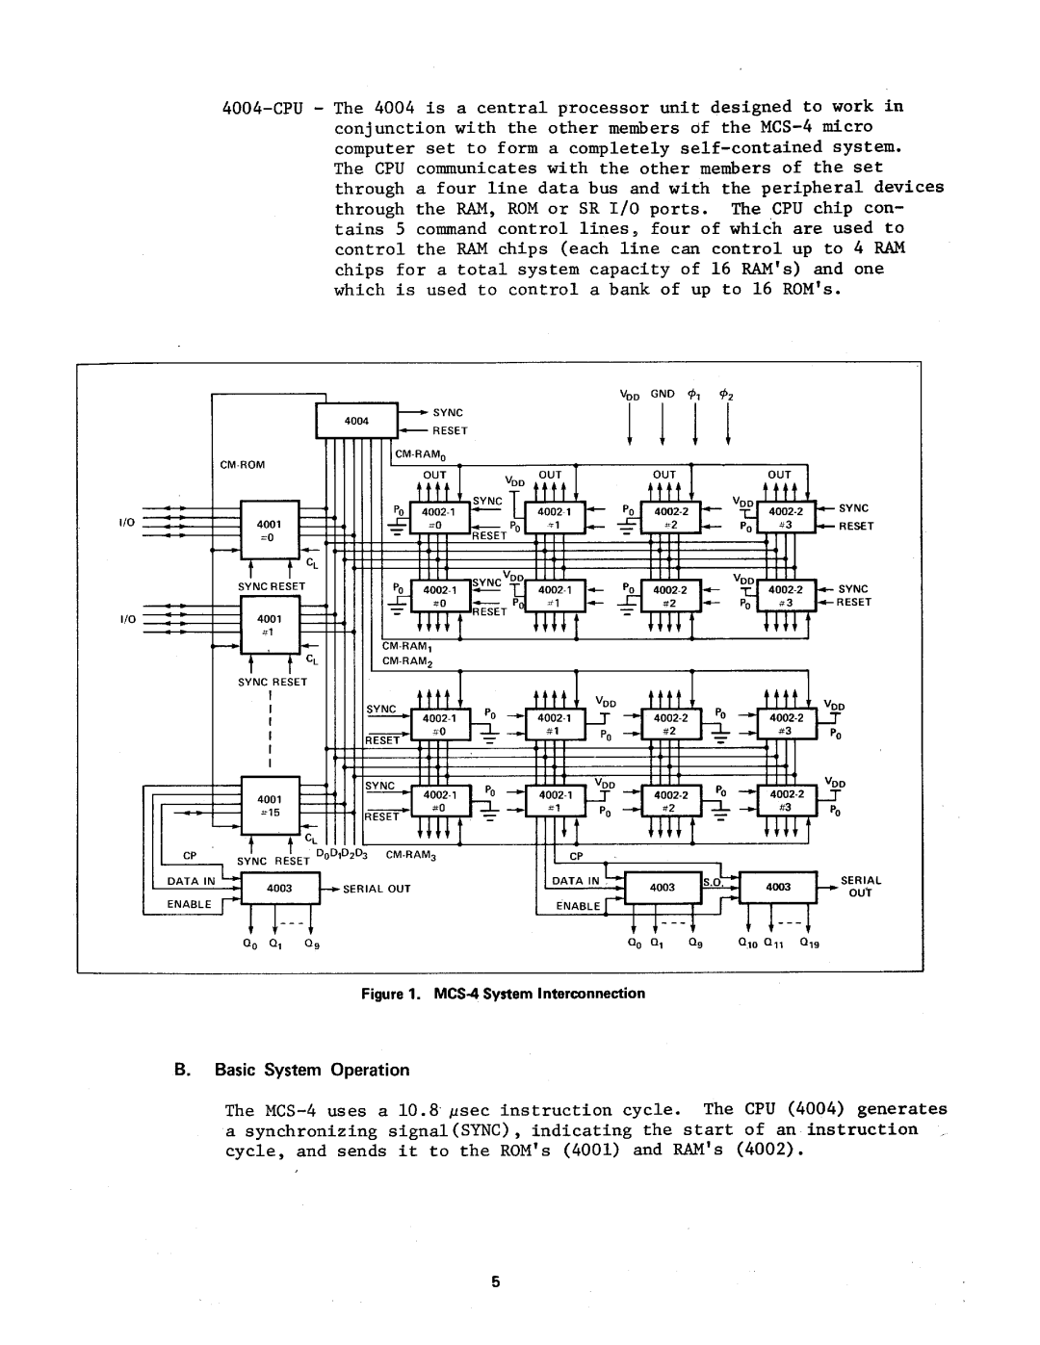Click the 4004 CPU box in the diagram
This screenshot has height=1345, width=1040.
(x=356, y=421)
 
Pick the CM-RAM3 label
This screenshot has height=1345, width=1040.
(x=411, y=854)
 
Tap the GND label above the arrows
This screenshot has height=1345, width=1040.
(x=662, y=394)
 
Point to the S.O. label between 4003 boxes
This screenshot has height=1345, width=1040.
(x=713, y=882)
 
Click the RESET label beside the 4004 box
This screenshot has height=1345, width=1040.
(x=449, y=430)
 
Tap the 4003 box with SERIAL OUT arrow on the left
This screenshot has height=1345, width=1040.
(x=279, y=888)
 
